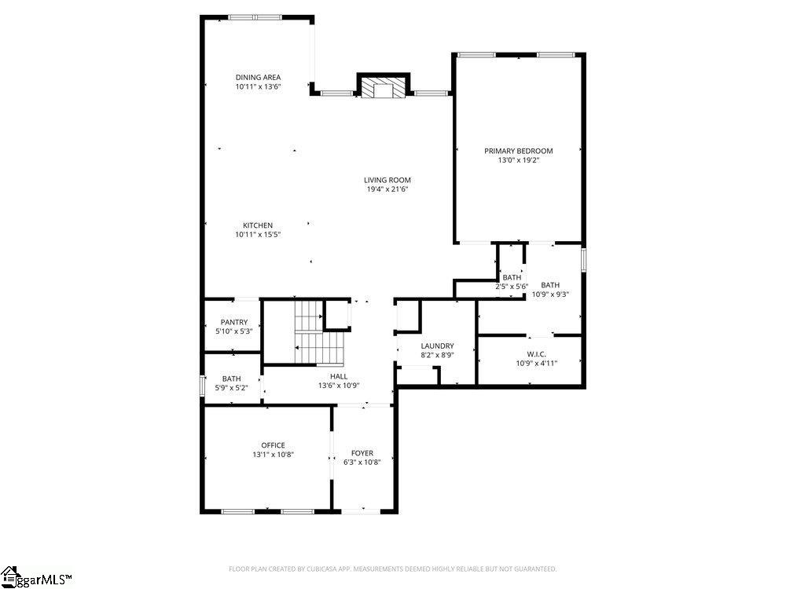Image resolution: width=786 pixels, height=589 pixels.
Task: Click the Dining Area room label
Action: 258,77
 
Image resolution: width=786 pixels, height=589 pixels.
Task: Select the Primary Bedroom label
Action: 518,151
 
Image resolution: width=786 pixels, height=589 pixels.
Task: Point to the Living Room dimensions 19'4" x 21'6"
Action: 387,189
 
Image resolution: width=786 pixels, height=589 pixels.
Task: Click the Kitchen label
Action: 258,225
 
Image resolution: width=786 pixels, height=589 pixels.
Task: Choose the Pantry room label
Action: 234,322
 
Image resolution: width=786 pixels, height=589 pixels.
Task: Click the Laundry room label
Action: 437,346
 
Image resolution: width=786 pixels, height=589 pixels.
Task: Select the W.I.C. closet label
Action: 537,353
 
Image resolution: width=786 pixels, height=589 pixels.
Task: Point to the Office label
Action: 274,445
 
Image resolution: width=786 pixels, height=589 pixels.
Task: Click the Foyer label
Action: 362,453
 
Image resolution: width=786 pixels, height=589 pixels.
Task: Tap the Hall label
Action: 339,376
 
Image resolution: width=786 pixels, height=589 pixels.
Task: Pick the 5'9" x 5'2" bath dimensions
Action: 232,387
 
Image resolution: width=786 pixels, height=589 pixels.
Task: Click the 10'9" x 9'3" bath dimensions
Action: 550,294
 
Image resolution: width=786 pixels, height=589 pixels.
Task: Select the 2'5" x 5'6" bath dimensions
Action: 512,287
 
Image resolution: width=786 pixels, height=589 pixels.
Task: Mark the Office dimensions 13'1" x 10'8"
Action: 274,455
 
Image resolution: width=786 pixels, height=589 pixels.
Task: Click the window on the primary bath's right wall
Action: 583,259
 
